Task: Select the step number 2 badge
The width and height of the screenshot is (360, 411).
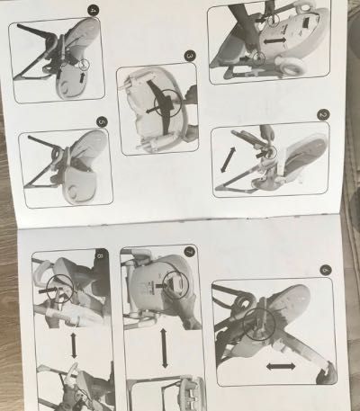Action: [x=324, y=115]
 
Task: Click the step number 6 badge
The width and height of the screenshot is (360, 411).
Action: [x=325, y=269]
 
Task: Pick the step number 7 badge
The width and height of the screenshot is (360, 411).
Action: [x=189, y=252]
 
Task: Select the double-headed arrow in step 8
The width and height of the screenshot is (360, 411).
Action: [x=72, y=343]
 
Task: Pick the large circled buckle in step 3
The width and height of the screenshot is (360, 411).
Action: [x=163, y=103]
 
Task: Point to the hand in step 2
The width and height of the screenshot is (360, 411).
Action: [x=263, y=134]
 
